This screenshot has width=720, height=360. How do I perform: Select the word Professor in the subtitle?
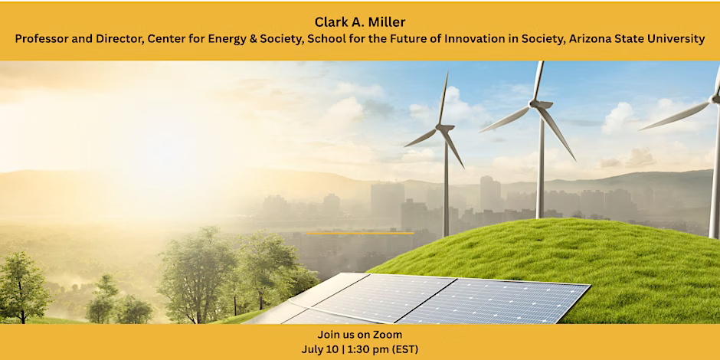(38, 40)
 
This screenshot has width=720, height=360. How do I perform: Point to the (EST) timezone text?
(405, 349)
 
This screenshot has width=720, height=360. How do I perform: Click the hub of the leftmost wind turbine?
(444, 128)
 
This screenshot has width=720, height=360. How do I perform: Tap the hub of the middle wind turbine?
(537, 104)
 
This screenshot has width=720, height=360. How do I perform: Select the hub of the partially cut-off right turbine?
(715, 98)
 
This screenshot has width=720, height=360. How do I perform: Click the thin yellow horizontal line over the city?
(361, 234)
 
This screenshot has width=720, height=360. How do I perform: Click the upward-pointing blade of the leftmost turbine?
(443, 98)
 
